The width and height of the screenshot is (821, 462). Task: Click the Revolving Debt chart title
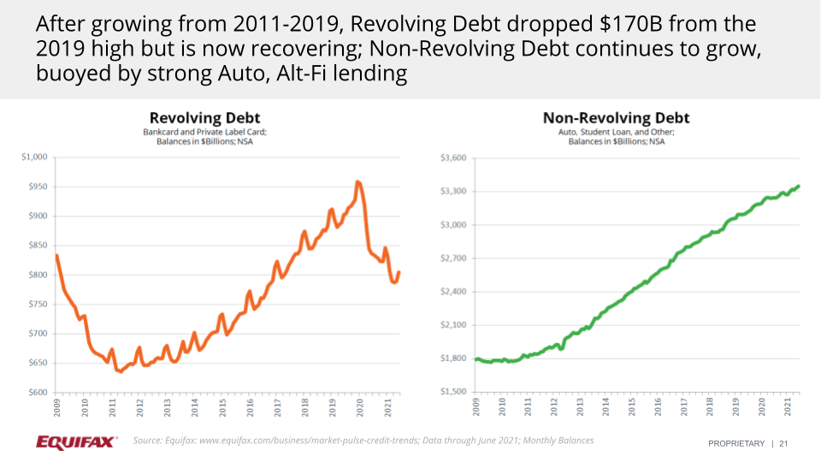[x=204, y=118]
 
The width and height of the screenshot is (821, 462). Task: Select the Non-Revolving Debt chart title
[x=616, y=118]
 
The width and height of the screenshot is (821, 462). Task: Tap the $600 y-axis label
[x=38, y=393]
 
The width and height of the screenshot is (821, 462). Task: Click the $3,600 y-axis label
[x=452, y=157]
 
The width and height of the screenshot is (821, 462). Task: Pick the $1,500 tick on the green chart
[x=452, y=393]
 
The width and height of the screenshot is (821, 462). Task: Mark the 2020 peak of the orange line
[x=357, y=182]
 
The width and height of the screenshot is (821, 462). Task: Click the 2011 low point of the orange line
[x=120, y=371]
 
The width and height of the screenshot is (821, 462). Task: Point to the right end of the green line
[x=799, y=186]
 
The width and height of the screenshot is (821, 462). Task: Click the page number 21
[x=783, y=443]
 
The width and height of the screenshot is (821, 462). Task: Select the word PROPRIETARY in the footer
[x=737, y=443]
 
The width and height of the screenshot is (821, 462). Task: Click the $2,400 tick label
[x=452, y=292]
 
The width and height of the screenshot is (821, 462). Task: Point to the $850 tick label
[x=38, y=246]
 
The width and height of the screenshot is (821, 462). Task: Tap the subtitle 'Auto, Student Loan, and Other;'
[x=616, y=133]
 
